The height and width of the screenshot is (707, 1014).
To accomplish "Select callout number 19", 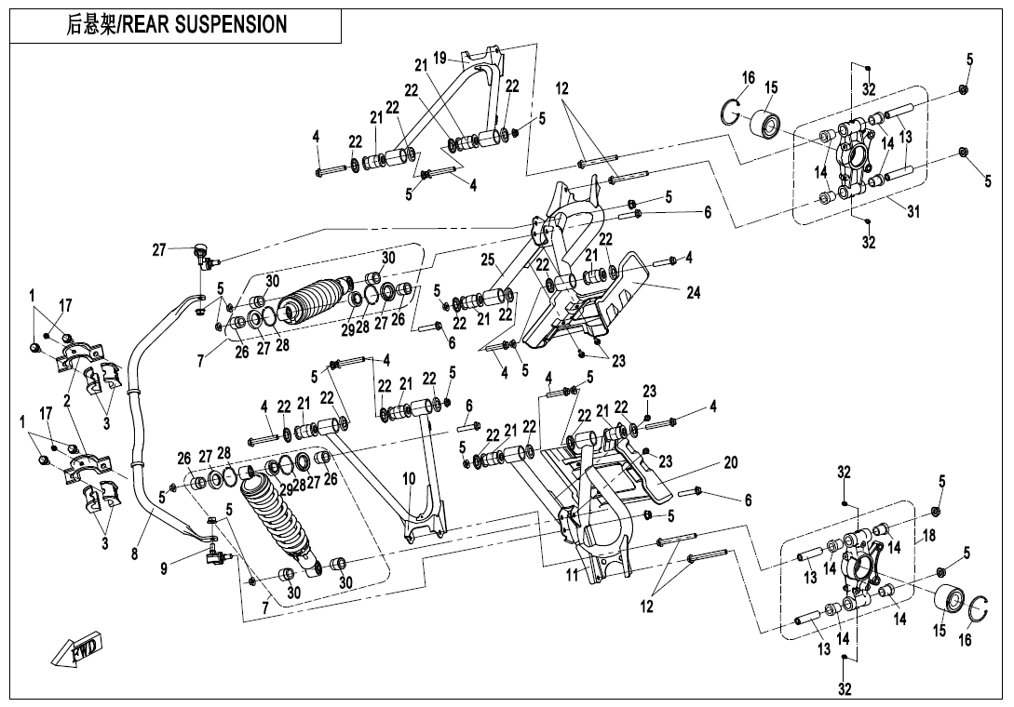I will [x=439, y=59].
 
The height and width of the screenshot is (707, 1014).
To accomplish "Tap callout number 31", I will [x=913, y=212].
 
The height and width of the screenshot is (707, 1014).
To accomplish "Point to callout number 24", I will [x=692, y=292].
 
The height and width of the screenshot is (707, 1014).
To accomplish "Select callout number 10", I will [x=409, y=478].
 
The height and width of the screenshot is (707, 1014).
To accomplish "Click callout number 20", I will [x=731, y=463].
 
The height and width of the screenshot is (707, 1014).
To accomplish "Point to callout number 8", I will [x=134, y=554].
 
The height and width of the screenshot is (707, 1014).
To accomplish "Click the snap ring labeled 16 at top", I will [x=734, y=110].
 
